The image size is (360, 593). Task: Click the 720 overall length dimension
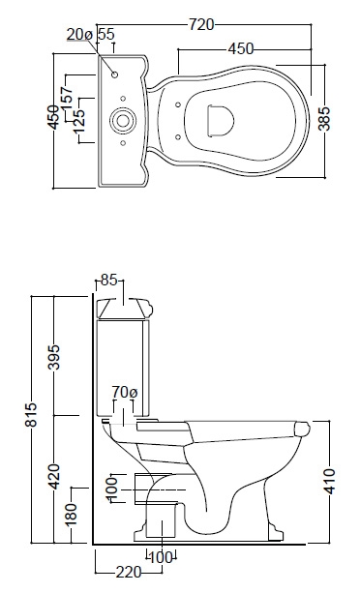(x=201, y=24)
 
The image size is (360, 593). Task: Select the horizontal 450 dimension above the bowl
(x=241, y=48)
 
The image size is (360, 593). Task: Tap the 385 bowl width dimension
(x=324, y=119)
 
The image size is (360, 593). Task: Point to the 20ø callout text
(x=79, y=35)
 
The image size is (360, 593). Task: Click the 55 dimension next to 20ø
(x=105, y=35)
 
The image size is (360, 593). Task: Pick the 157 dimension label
(x=67, y=99)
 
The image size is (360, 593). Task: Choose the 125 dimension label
(x=79, y=122)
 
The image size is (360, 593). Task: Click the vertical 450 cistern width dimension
(x=53, y=118)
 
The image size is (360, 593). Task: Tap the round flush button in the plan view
(x=122, y=121)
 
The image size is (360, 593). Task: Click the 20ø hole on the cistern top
(x=115, y=74)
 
